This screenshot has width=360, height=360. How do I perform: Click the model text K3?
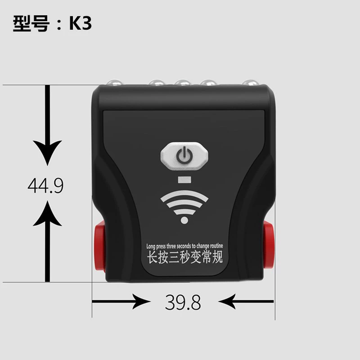coord(81,23)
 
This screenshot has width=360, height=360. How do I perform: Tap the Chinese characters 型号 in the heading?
coord(31,23)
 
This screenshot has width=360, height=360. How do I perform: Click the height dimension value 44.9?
coord(45,185)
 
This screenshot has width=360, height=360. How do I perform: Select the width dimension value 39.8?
coord(183,302)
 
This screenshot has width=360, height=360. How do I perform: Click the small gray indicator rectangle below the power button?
coord(184,180)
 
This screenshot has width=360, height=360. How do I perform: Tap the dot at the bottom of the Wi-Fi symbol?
coord(184,220)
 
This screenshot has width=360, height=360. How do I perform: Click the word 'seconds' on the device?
coord(184,246)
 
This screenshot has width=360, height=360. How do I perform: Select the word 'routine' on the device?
coord(216,246)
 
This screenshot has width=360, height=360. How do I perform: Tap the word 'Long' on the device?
coord(151,247)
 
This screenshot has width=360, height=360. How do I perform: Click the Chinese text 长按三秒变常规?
coord(185,257)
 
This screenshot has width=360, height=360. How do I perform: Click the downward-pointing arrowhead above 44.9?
coord(47,152)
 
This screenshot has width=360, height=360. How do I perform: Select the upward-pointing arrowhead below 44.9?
coord(47,213)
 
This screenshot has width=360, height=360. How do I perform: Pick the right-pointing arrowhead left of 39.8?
coord(140,301)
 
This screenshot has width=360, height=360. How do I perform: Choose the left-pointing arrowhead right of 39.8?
coord(227,301)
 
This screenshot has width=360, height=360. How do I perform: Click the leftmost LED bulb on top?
coord(114,83)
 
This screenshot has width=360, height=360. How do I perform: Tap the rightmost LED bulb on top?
coord(250,83)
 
